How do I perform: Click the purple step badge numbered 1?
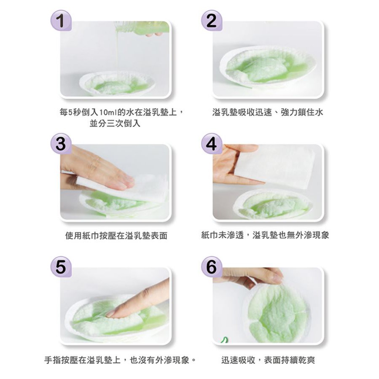pos(61,20)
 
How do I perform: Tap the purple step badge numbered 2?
pos(212,20)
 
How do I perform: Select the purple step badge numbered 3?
pos(61,144)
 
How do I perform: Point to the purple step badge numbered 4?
pos(212,144)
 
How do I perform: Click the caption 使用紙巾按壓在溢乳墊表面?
pos(116,235)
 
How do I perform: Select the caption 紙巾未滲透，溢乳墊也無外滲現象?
pos(265,235)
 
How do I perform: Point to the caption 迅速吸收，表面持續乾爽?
pos(268,360)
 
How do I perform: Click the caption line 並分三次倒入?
pos(115,123)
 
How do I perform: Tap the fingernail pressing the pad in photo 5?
pos(110,313)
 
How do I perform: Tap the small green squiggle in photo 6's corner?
pos(224,340)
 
